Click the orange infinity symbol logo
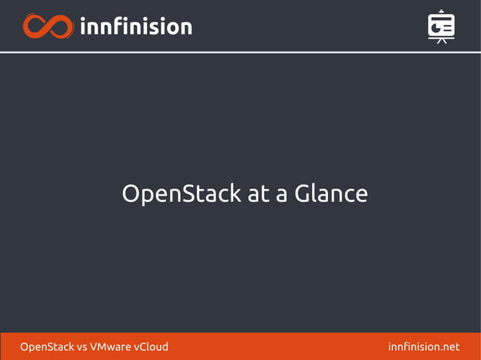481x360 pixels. click(x=47, y=26)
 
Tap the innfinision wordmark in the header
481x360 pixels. click(x=136, y=26)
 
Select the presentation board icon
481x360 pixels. click(x=441, y=26)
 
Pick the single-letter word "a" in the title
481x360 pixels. click(x=281, y=196)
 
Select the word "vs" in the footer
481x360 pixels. click(x=82, y=347)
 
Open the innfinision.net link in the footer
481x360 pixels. click(x=423, y=347)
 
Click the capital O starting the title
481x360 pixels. click(x=131, y=194)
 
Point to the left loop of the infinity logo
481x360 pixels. click(x=35, y=26)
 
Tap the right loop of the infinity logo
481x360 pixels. click(x=60, y=26)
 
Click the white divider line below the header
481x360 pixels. click(x=240, y=52)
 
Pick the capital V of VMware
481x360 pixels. click(x=93, y=347)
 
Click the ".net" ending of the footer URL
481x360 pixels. click(x=449, y=347)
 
